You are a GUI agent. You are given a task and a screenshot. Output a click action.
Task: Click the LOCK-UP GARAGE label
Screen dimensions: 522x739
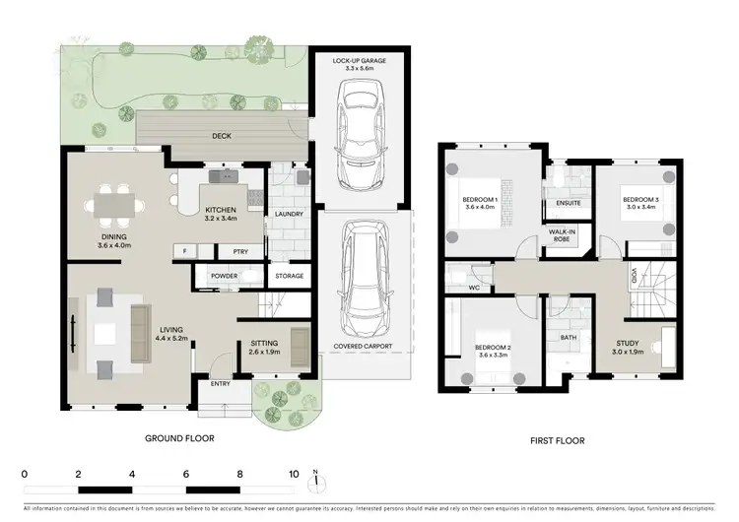(x=359, y=60)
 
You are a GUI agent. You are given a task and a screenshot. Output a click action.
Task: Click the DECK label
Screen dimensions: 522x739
(x=222, y=136)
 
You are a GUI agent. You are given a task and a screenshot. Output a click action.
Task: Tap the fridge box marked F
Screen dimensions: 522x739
(x=184, y=251)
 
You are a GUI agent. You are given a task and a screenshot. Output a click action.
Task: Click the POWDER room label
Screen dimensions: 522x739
(x=225, y=276)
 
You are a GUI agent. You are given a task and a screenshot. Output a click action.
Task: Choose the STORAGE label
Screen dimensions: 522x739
(x=289, y=276)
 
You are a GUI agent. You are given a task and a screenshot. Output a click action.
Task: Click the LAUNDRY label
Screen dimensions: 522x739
(x=289, y=213)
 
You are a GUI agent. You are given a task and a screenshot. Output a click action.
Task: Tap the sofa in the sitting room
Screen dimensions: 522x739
(x=300, y=343)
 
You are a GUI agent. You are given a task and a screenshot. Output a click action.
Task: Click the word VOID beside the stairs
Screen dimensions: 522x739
(x=634, y=277)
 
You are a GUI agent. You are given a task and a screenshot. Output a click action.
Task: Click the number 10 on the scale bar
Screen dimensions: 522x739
(x=293, y=474)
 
